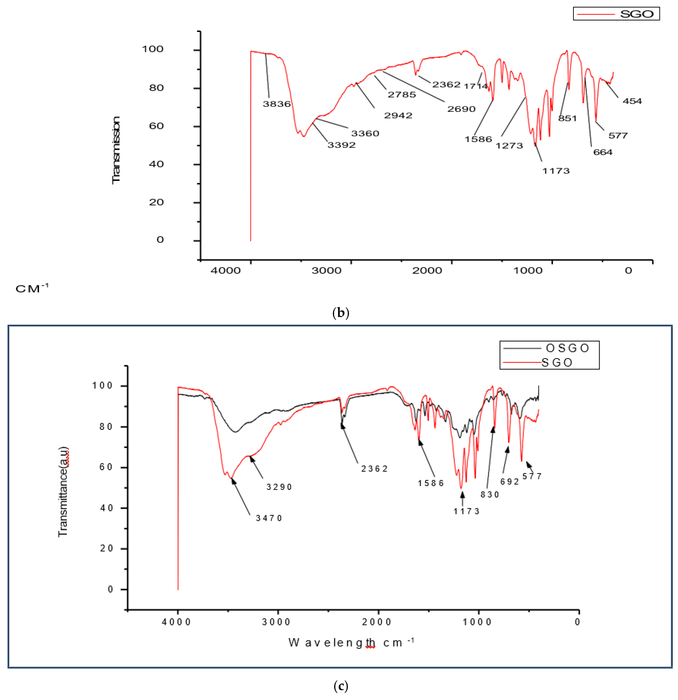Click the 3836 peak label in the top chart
point(277,104)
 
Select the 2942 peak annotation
point(398,115)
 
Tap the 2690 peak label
point(461,109)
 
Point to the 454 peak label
point(632,101)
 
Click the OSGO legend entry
point(567,348)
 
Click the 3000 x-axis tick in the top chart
point(326,270)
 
